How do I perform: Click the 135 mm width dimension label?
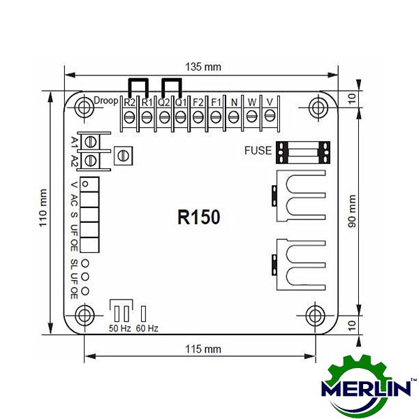[x=203, y=67]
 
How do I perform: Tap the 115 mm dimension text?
[x=203, y=349]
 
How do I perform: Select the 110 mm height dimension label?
[x=43, y=207]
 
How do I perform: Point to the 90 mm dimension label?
[x=352, y=211]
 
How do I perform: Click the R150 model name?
[x=199, y=216]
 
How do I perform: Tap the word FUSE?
[x=258, y=150]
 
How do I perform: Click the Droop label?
[x=106, y=101]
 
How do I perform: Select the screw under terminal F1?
[x=216, y=117]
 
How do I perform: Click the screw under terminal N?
[x=233, y=117]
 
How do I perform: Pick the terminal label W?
[x=251, y=102]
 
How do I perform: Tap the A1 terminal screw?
[x=91, y=142]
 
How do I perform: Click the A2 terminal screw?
[x=91, y=161]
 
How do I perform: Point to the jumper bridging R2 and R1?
[x=138, y=88]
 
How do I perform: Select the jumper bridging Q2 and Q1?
[x=172, y=88]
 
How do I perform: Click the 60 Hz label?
[x=147, y=328]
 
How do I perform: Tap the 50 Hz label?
[x=119, y=328]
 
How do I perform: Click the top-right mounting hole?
[x=318, y=108]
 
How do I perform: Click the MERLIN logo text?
[x=366, y=388]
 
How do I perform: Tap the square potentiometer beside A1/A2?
[x=123, y=156]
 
